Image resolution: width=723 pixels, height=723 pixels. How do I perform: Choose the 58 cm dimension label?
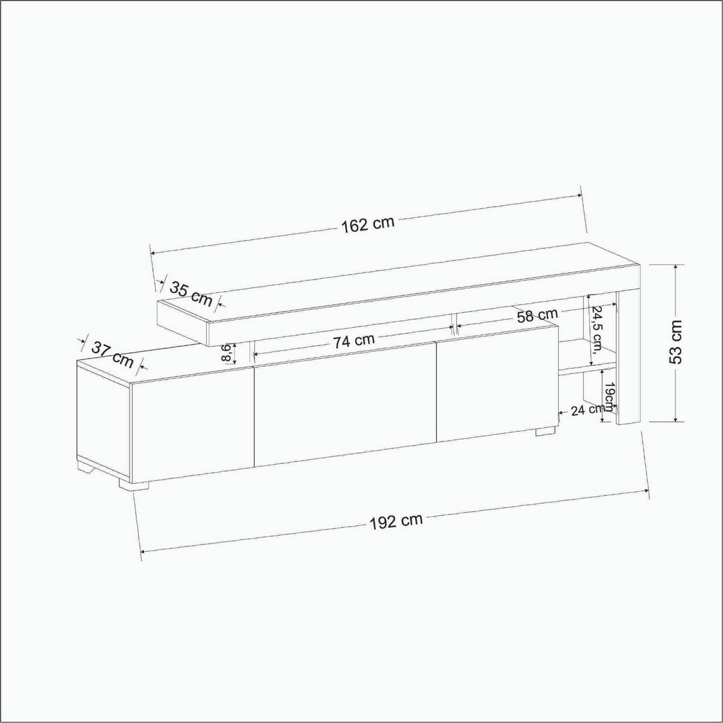pyautogui.click(x=537, y=316)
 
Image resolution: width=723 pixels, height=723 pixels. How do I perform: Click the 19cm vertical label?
pyautogui.click(x=609, y=396)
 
